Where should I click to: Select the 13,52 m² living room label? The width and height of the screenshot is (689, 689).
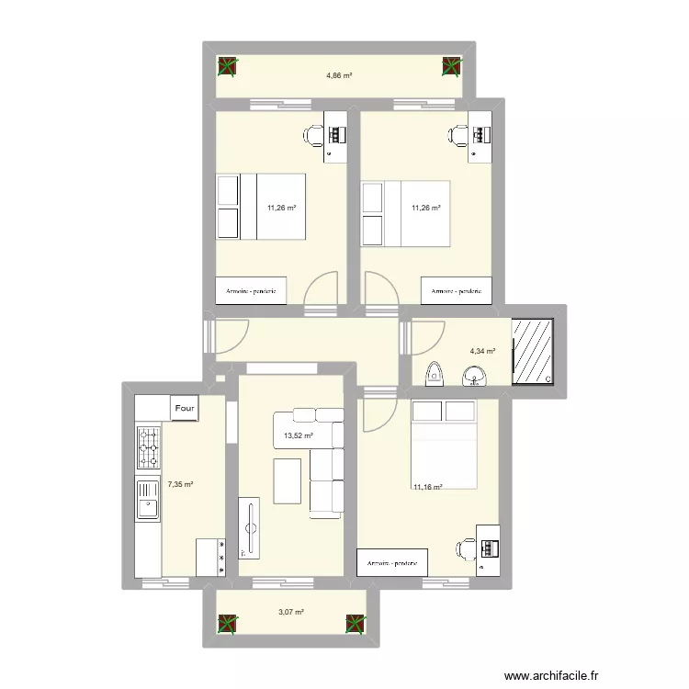click(298, 436)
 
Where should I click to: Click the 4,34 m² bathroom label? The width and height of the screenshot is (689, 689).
click(482, 351)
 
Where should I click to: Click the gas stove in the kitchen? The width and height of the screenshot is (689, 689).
click(149, 446)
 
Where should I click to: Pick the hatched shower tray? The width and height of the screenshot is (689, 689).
click(533, 352)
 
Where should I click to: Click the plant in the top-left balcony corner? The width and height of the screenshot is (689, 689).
click(226, 67)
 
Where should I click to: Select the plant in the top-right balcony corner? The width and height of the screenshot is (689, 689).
click(452, 66)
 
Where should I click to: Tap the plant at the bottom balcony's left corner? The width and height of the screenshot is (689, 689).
click(226, 625)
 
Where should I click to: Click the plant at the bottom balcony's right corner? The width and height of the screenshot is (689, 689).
click(355, 625)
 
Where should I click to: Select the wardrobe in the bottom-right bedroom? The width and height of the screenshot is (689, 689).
click(392, 562)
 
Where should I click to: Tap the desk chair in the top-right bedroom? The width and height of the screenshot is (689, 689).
click(457, 134)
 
